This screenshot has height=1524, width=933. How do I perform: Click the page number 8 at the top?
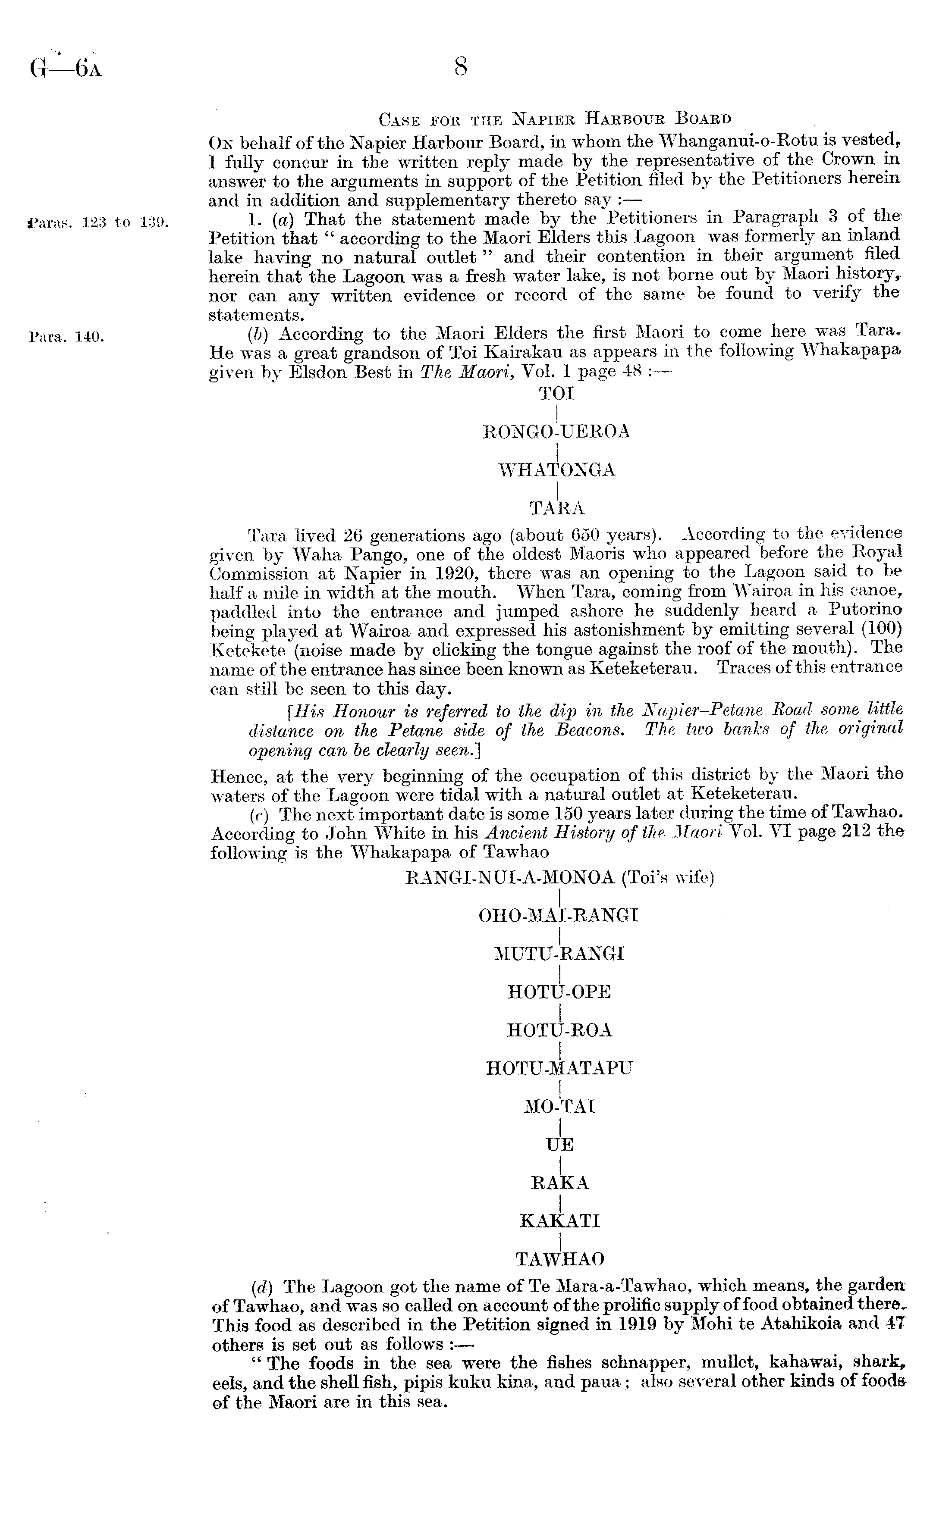pos(460,66)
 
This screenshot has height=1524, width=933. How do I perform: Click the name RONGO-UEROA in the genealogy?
pos(556,432)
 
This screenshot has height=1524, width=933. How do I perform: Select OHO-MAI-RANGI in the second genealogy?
pos(559,915)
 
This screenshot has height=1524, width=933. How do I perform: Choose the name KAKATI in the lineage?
pos(560,1221)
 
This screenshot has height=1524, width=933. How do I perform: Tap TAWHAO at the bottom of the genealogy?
pos(560,1259)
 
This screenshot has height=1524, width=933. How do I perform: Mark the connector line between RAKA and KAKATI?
pos(560,1202)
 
